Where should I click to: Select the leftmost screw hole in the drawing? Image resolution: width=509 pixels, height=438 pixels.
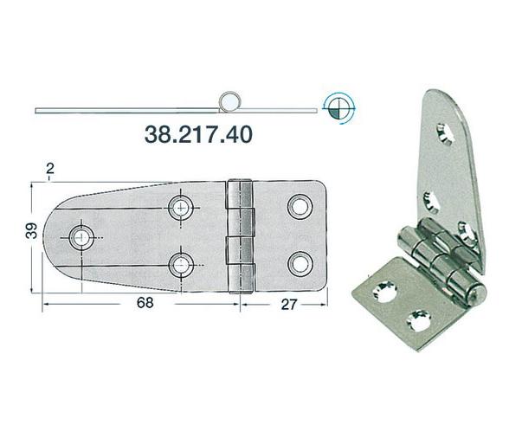84,235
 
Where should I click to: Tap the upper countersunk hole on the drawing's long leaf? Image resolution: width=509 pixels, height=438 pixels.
181,206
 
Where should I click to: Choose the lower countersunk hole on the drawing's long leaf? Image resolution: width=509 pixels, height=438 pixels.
181,262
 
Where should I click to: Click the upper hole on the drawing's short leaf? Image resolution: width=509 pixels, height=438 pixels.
300,206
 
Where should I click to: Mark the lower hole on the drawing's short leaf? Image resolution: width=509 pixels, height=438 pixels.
300,262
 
